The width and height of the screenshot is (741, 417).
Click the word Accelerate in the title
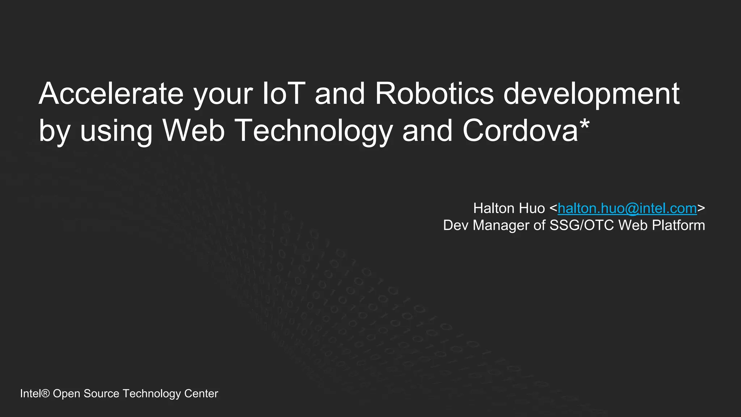(111, 94)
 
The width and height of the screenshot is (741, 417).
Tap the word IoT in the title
(283, 94)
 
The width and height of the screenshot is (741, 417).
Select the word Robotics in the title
(434, 94)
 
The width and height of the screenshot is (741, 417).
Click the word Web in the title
(194, 131)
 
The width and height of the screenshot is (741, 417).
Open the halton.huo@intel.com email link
(627, 208)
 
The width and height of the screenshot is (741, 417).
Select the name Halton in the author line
(494, 208)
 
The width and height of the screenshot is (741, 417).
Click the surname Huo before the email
(532, 208)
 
